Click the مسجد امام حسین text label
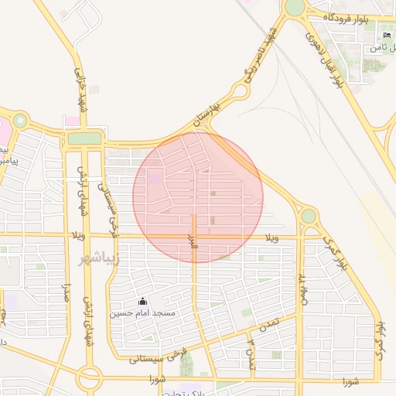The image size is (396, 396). [142, 312]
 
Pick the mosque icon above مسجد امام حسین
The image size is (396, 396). [142, 301]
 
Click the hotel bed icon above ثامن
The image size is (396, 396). [387, 36]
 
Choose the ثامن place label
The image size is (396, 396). [378, 48]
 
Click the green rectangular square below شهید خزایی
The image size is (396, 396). [85, 138]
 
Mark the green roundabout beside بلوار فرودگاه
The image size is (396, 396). [295, 8]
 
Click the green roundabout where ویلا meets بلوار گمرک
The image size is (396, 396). [309, 216]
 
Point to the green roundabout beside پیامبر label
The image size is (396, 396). [19, 121]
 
